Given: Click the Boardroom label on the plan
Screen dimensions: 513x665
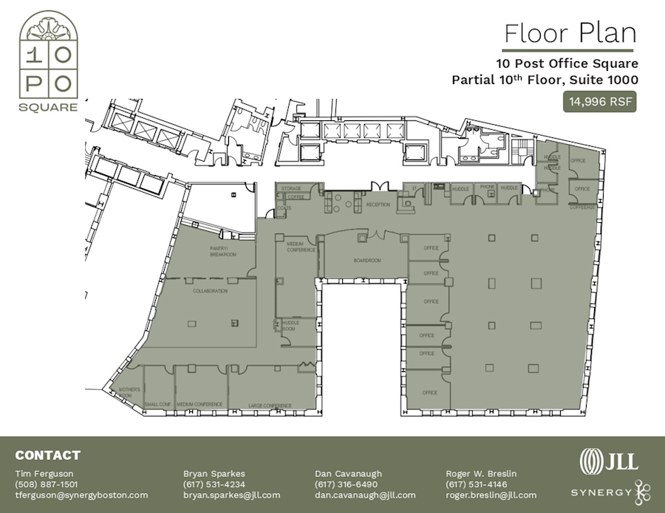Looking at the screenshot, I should click(x=366, y=261).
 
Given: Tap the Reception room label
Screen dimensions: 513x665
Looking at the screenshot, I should click(x=378, y=204).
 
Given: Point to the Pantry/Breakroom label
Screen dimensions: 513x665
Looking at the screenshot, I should click(x=222, y=252).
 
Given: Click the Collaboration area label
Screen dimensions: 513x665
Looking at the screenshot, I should click(x=210, y=291).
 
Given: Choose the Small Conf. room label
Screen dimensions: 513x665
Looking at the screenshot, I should click(x=158, y=404).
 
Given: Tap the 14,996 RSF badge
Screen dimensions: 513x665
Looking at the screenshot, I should click(x=600, y=102).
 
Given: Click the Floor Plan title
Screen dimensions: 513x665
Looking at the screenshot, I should click(x=570, y=33).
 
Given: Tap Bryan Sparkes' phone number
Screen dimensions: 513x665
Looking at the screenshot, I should click(x=215, y=484).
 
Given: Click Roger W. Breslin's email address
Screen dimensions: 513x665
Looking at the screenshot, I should click(x=491, y=495).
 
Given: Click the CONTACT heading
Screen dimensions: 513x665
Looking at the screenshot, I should click(x=47, y=455).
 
